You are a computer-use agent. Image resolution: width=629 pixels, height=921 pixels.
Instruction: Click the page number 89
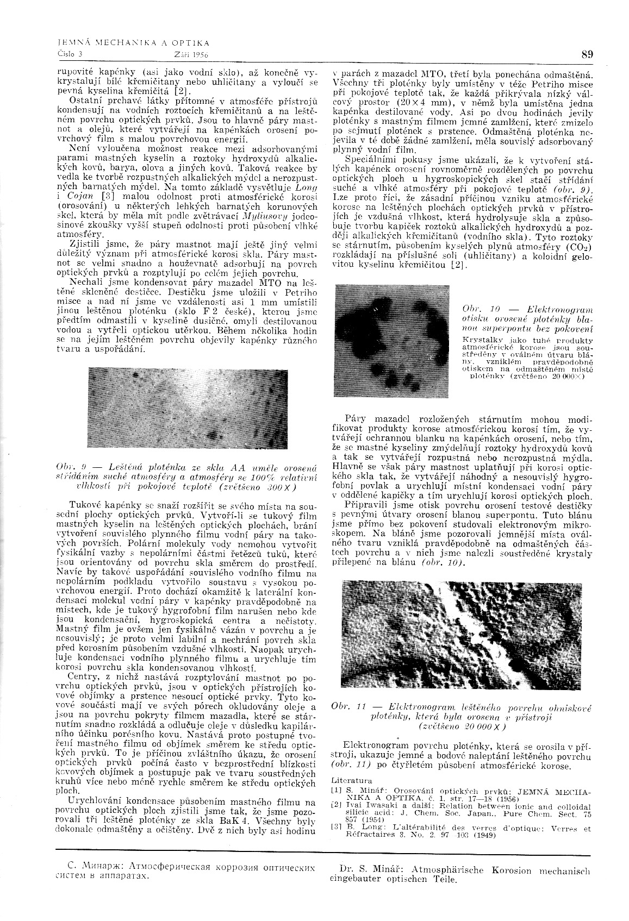pyautogui.click(x=587, y=54)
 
